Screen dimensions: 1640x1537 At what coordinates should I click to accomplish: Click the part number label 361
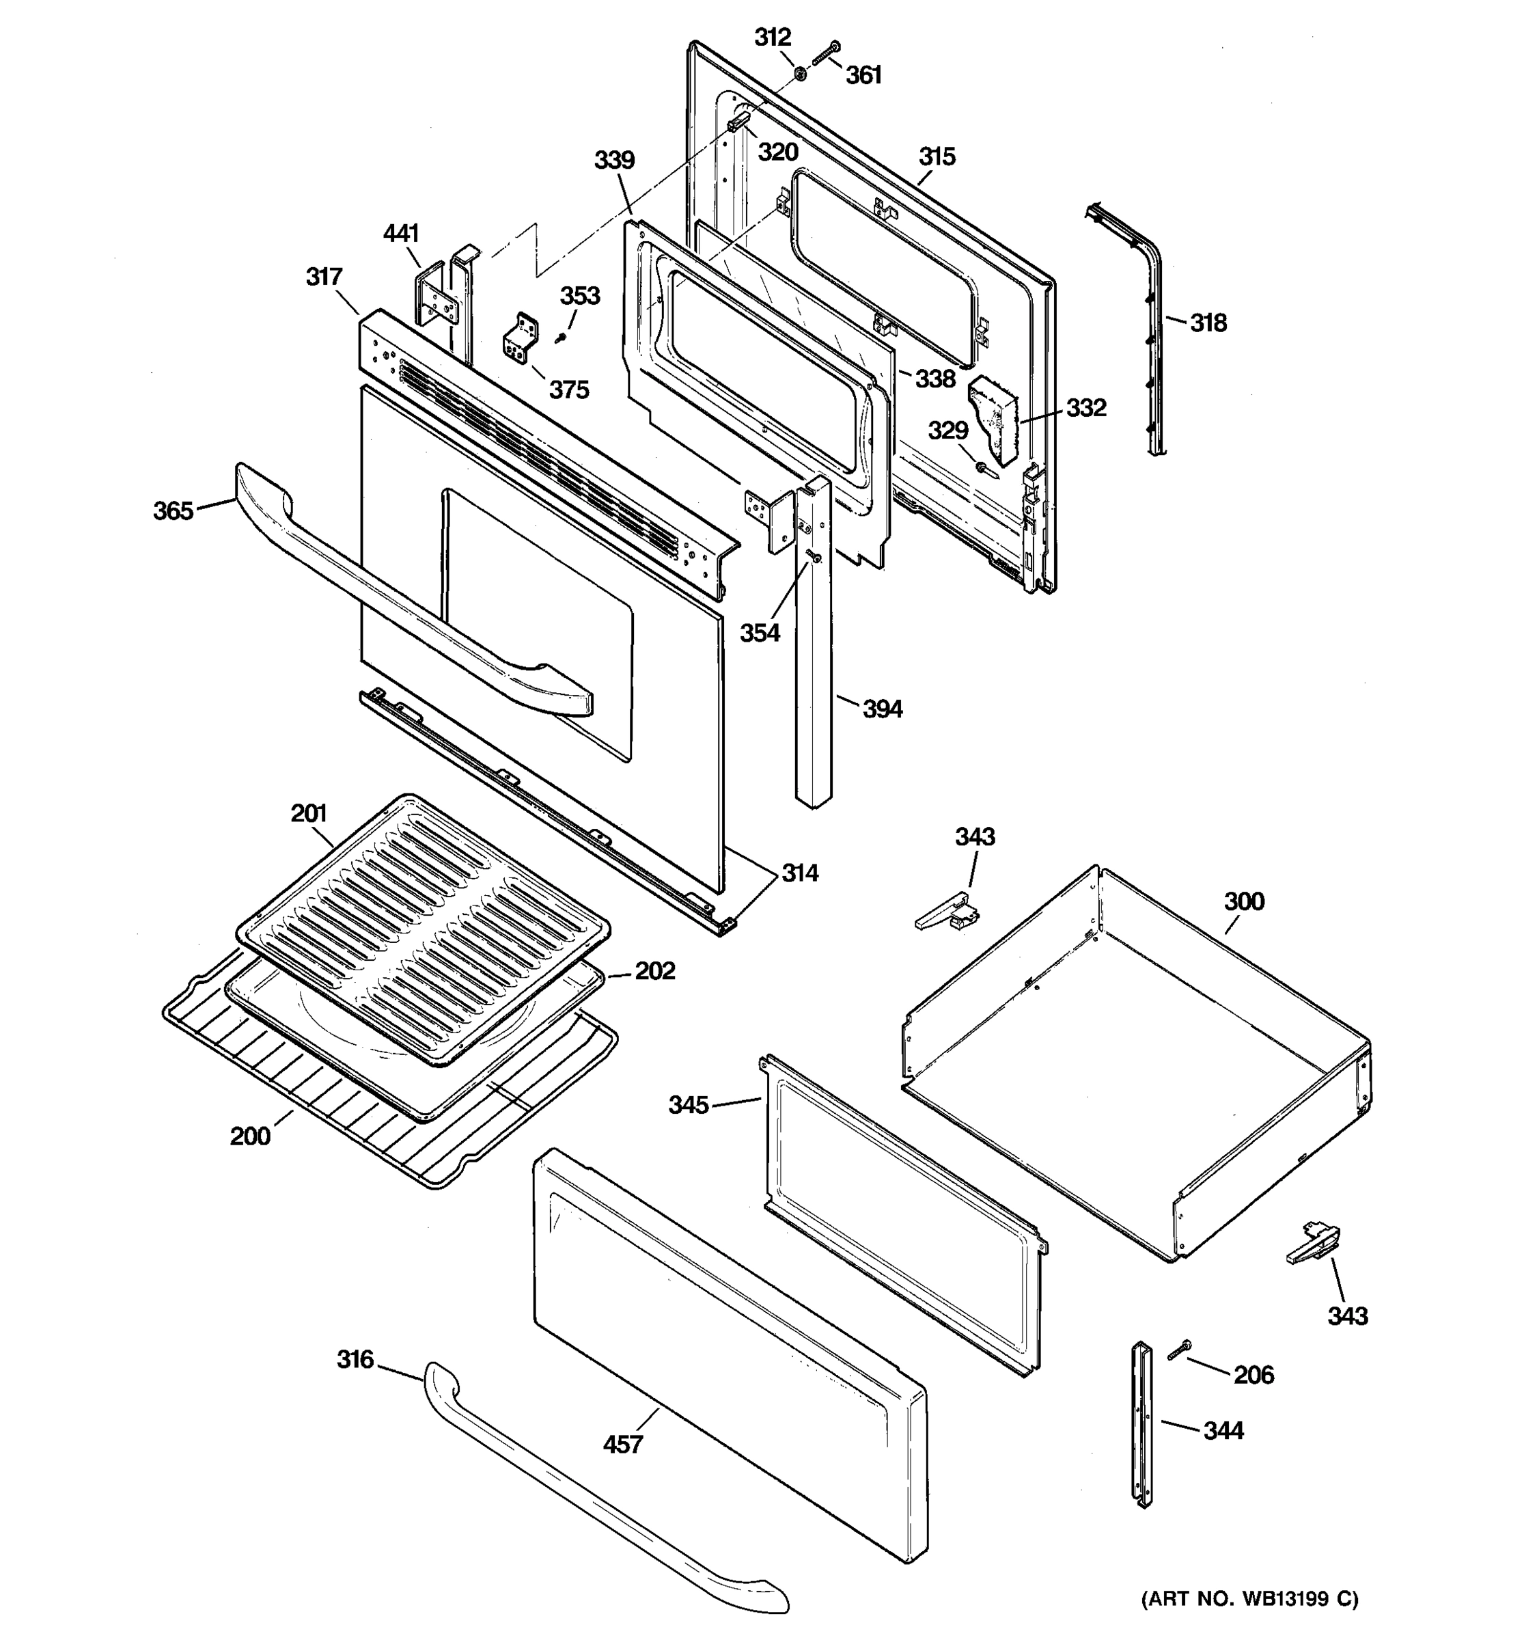[863, 75]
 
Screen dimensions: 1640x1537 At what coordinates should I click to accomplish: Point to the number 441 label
[401, 234]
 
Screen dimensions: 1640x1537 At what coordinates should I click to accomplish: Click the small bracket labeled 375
[518, 338]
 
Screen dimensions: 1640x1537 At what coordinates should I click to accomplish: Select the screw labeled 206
[1179, 1350]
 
